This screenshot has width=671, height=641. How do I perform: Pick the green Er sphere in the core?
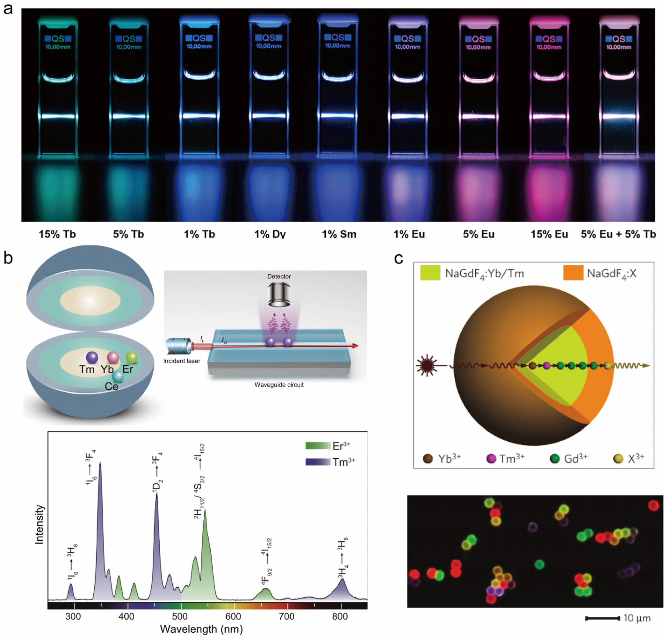[x=132, y=358]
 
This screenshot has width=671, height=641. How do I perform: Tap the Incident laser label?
[x=182, y=361]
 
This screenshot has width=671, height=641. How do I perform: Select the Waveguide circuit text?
[x=279, y=385]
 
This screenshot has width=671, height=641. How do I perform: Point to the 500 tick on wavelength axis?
[x=180, y=616]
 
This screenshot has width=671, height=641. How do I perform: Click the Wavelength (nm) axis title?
[x=201, y=629]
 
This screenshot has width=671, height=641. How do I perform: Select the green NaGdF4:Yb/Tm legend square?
[x=430, y=273]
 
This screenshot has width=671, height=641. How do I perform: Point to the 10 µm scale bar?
[x=602, y=618]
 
